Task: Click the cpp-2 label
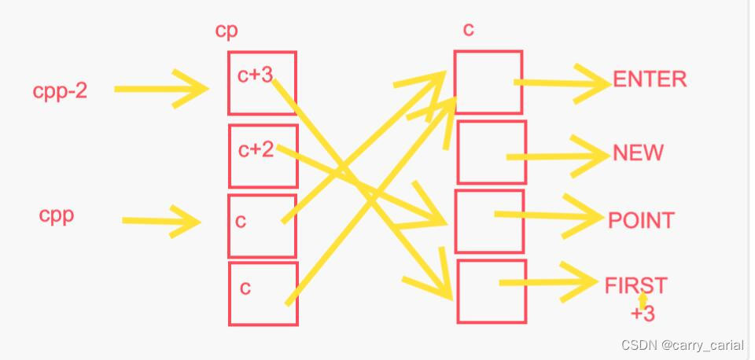coord(60,91)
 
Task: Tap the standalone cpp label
coord(57,215)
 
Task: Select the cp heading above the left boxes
coord(226,30)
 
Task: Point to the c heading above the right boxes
coord(468,30)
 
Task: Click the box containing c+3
coord(262,83)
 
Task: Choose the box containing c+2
coord(263,156)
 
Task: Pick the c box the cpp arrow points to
coord(262,226)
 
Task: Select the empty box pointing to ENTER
coord(488,83)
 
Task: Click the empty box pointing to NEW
coord(492,152)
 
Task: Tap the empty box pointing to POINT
coord(489,221)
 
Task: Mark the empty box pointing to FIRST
coord(492,291)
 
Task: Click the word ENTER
coord(650,79)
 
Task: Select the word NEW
coord(638,152)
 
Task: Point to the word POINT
coord(641,220)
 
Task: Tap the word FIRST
coord(635,285)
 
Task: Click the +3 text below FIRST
coord(643,314)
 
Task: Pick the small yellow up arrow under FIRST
coord(643,299)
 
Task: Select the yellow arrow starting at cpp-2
coord(161,89)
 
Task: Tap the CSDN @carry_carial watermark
coord(682,345)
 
